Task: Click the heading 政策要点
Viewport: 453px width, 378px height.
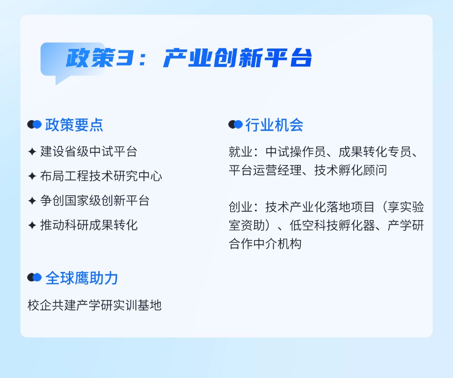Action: pos(74,125)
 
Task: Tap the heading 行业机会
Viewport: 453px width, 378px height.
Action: pos(275,125)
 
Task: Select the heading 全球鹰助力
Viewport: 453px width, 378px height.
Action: pos(82,278)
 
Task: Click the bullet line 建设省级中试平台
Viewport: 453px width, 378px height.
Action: pos(89,151)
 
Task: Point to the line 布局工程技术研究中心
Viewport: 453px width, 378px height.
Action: pos(101,176)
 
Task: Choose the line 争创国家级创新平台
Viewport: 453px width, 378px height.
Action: pos(95,200)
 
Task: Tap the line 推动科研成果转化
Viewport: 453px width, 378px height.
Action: pos(89,225)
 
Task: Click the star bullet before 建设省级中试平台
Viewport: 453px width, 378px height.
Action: pos(32,151)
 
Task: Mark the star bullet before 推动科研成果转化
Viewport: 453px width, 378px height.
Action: pos(32,225)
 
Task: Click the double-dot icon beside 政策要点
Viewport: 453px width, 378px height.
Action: pos(34,125)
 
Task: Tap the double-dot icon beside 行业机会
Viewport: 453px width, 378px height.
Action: pos(235,125)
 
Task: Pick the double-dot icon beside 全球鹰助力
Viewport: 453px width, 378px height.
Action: pos(34,277)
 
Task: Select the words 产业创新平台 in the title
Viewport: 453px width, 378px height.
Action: pos(237,58)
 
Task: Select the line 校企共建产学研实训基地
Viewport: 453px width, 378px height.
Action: pos(95,305)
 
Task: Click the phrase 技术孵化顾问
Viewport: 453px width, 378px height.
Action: pos(351,170)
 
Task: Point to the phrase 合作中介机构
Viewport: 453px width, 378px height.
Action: pos(265,244)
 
